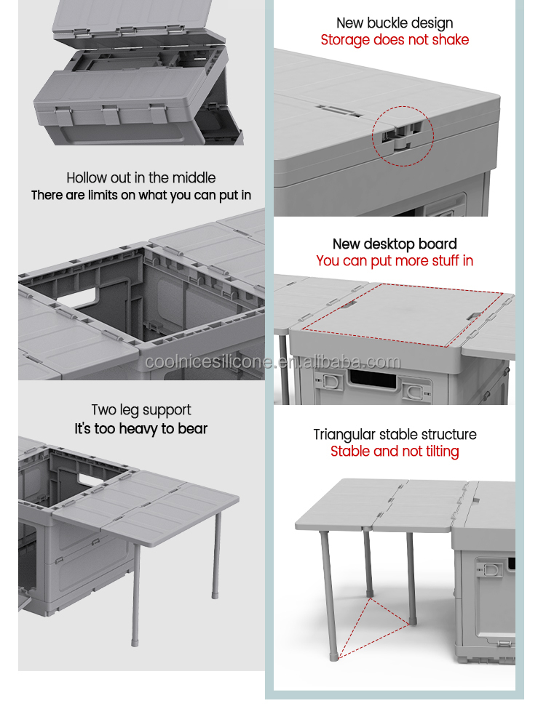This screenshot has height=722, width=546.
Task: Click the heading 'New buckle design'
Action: (x=395, y=23)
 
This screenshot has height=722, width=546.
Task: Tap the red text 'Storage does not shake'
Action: (x=395, y=40)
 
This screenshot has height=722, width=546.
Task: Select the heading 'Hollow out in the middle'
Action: (x=141, y=177)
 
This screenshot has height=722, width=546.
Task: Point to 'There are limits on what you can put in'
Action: (x=141, y=195)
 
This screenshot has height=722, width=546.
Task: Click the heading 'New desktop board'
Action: (x=395, y=244)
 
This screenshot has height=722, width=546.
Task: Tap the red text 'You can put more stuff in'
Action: (x=395, y=260)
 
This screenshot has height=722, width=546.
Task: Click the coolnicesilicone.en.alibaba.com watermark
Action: (x=272, y=362)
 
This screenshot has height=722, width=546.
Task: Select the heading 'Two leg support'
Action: (x=141, y=410)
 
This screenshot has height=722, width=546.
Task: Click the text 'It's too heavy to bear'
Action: (x=141, y=429)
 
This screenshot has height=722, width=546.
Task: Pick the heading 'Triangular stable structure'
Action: (x=395, y=435)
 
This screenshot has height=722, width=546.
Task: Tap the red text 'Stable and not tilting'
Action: (x=395, y=452)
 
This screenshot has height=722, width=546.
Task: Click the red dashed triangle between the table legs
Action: (x=371, y=625)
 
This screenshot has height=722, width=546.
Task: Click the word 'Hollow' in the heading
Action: (x=87, y=177)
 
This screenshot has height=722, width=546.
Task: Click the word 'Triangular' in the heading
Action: (x=341, y=435)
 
